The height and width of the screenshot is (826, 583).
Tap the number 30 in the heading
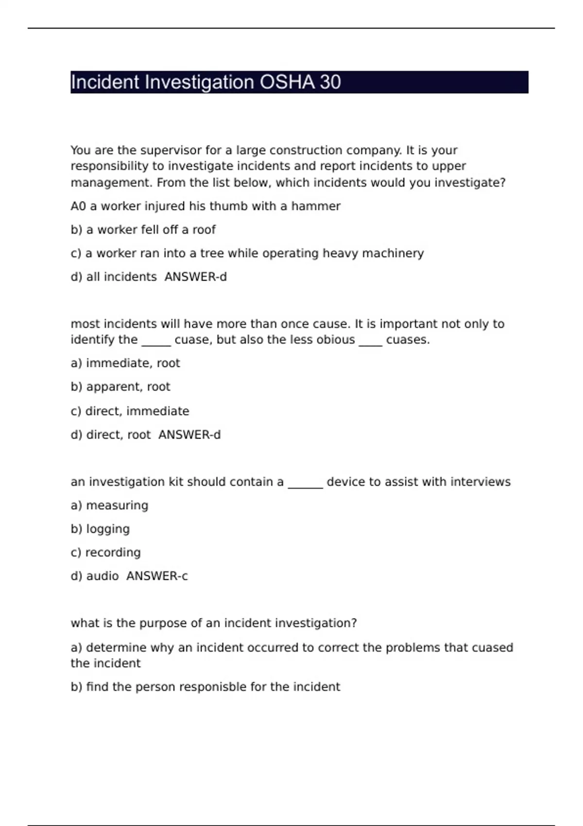tap(330, 82)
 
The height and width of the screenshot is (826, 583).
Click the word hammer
tap(316, 206)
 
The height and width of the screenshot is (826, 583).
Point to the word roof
tap(204, 229)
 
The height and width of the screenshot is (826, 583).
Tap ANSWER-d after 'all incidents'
tap(196, 277)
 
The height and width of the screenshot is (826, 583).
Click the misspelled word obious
tap(336, 340)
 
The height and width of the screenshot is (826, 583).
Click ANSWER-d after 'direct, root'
tap(189, 434)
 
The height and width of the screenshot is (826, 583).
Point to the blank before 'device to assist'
tap(305, 482)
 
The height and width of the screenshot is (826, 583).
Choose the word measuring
tap(117, 506)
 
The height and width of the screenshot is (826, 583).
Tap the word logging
tap(108, 529)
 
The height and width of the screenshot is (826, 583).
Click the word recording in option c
tap(113, 552)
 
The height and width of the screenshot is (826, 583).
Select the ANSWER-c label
tap(157, 576)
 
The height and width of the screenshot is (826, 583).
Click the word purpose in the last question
tap(163, 623)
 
